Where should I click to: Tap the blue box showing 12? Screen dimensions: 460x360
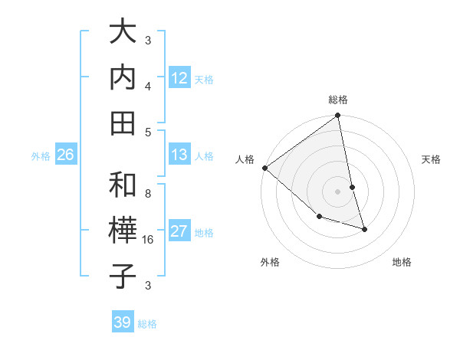pos(179,77)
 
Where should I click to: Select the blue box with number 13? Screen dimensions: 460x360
pos(179,155)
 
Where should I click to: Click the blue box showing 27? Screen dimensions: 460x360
pos(179,231)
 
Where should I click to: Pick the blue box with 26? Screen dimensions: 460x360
pos(65,155)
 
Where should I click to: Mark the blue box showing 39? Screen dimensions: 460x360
pos(122,322)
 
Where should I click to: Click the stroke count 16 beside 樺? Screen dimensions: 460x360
pos(149,240)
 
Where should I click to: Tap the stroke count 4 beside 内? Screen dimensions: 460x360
pos(148,87)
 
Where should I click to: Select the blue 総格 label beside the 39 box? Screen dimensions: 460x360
pos(147,324)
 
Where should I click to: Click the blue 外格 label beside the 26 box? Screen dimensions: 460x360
pos(41,156)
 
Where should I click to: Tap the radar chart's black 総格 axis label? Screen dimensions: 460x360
pos(338,100)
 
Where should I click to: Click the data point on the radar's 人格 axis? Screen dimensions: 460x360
pos(264,168)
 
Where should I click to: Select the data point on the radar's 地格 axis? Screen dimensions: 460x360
pos(364,228)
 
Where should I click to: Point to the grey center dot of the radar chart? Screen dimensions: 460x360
pos(338,191)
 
